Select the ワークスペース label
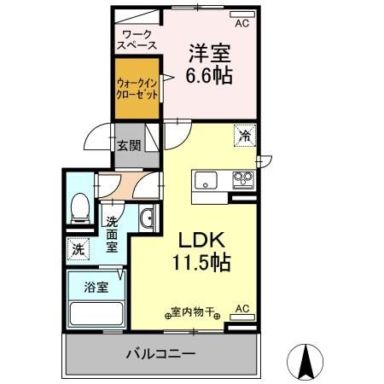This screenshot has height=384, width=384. pyautogui.click(x=136, y=40)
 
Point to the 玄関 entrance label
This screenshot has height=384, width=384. pyautogui.click(x=130, y=144)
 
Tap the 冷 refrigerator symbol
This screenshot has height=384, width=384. pyautogui.click(x=244, y=135)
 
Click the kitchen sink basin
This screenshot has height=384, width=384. pyautogui.click(x=207, y=180)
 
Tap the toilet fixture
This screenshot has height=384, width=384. pyautogui.click(x=80, y=207)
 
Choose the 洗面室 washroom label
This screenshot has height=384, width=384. pyautogui.click(x=112, y=234)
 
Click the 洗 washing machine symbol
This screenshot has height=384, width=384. pyautogui.click(x=78, y=250)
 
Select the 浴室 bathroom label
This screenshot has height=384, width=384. pyautogui.click(x=96, y=287)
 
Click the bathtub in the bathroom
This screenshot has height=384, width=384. pyautogui.click(x=96, y=314)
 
